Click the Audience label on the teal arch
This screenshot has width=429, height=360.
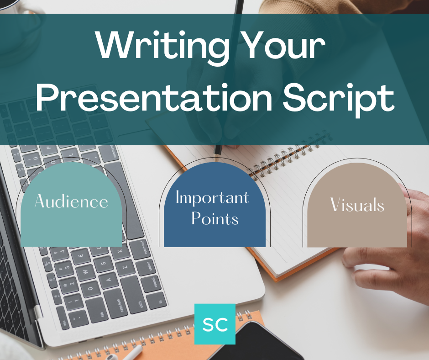pos(71,201)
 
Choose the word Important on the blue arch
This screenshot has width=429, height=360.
pos(213,197)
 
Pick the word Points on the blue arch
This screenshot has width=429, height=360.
pos(214,218)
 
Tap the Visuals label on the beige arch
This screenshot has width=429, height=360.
pos(357,205)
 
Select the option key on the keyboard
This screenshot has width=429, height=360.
pos(149,266)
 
